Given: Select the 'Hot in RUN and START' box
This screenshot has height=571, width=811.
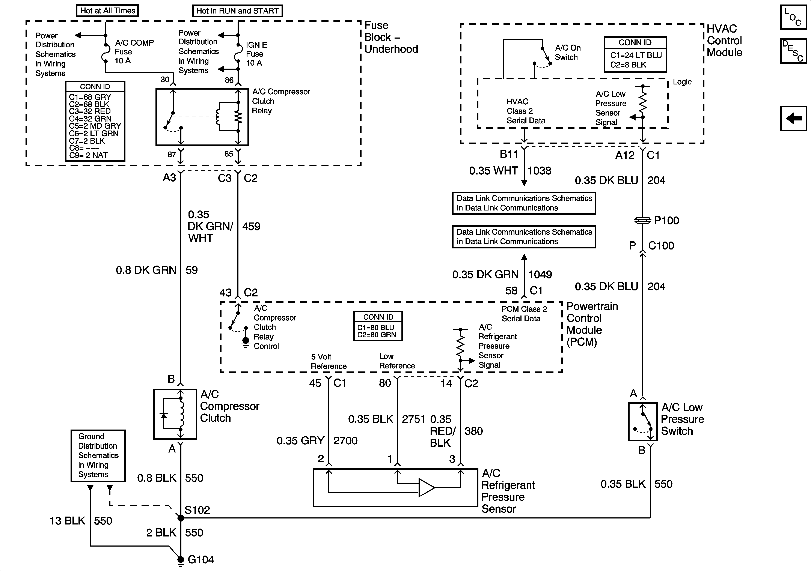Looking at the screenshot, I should (237, 11).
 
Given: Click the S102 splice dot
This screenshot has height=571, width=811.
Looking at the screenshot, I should (181, 518).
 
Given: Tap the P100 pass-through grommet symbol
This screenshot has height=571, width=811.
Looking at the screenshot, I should (642, 220).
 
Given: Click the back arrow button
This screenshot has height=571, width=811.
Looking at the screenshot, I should (793, 118).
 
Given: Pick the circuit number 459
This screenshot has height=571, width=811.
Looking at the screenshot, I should (251, 226).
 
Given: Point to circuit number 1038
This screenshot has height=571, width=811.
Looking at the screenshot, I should (539, 171).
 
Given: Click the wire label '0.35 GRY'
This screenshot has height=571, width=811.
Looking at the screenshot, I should (300, 441).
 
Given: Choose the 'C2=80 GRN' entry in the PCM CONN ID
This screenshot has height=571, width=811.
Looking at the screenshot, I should (377, 335).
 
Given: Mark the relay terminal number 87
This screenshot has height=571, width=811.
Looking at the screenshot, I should (172, 154).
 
